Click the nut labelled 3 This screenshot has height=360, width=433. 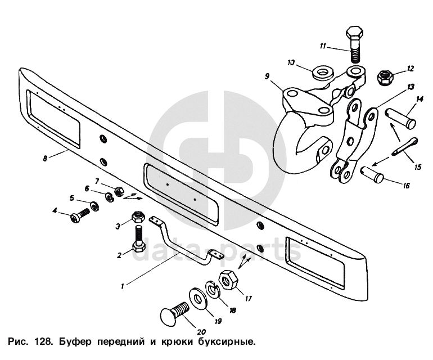tap(138, 217)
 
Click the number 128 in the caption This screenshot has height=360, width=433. tap(43, 341)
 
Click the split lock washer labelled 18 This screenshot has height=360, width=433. tap(213, 290)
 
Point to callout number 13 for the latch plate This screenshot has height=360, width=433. tap(411, 86)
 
